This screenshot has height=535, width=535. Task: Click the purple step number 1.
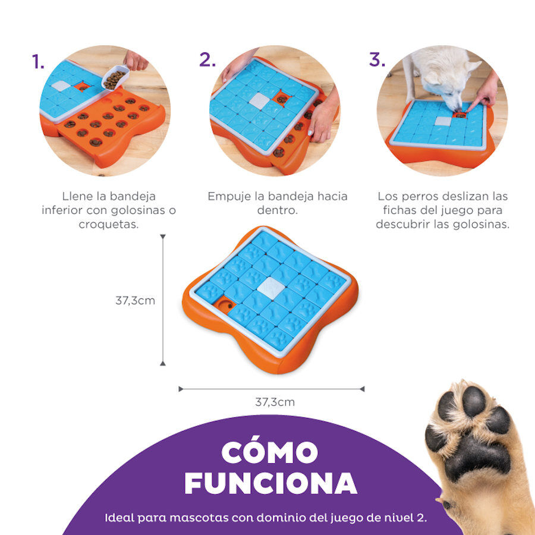pos(37,61)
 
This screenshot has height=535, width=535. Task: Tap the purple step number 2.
pos(207,60)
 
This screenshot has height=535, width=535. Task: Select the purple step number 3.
pos(377,60)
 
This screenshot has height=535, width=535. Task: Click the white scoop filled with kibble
pos(115,78)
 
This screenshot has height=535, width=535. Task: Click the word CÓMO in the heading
pos(269,452)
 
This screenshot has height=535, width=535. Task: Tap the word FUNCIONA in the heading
pos(270,483)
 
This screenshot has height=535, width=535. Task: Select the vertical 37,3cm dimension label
pos(135,300)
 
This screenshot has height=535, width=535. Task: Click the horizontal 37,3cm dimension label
pos(275,402)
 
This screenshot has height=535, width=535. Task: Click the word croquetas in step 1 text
pos(109,225)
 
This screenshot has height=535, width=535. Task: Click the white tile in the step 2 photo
pos(259,101)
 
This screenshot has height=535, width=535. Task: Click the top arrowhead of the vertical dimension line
pos(163,237)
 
